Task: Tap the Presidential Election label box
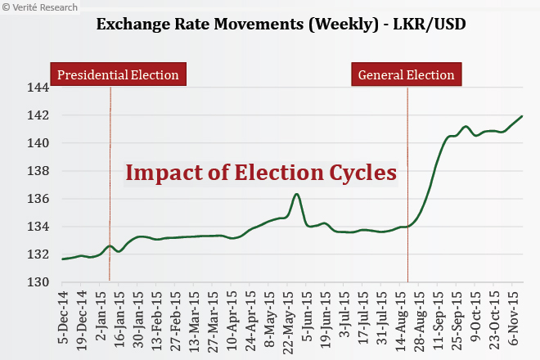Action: (118, 75)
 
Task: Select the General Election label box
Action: (407, 75)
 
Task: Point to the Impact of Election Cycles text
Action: (260, 173)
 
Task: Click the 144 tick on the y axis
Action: (36, 88)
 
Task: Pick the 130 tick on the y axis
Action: (36, 282)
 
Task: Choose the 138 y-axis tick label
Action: (36, 171)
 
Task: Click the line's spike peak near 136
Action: (297, 195)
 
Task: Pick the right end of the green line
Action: (522, 116)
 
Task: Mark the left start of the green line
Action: (63, 259)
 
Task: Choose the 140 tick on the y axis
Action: (36, 143)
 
